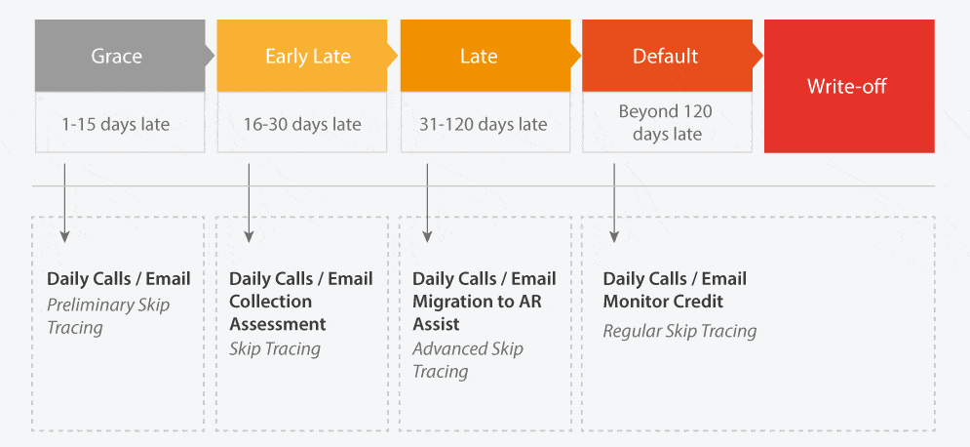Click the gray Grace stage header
tap(119, 56)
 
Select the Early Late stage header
tap(302, 56)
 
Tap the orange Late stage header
tap(485, 56)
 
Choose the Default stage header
tap(668, 56)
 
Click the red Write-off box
tap(849, 86)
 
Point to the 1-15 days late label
tap(116, 125)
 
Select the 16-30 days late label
tap(302, 124)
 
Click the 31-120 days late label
tap(484, 125)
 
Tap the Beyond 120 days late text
tap(666, 123)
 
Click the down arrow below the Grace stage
tap(63, 203)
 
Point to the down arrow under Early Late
tap(249, 203)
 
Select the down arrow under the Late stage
tap(427, 203)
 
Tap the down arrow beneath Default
tap(613, 203)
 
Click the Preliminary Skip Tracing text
tap(108, 316)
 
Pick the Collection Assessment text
tap(278, 312)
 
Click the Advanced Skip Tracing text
tap(468, 360)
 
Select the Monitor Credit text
tap(663, 302)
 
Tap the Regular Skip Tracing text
tap(679, 331)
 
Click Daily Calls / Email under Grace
tap(119, 279)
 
